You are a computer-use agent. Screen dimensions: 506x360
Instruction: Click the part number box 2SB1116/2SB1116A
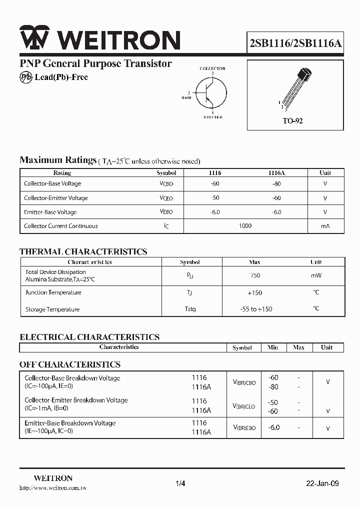coord(295,42)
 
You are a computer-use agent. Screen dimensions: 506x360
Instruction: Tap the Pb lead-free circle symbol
coord(26,77)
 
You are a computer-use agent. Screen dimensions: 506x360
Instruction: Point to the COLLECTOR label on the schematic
coord(212,68)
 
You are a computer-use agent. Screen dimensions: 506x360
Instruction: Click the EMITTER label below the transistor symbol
coord(212,117)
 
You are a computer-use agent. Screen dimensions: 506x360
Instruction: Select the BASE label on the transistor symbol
coord(186,97)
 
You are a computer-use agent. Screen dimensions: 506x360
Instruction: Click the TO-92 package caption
coord(292,121)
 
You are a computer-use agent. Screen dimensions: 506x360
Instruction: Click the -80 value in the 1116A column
coord(276,183)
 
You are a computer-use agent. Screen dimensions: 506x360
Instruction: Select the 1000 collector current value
coord(245,226)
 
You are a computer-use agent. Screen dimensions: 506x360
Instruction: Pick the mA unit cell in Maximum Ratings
coord(325,226)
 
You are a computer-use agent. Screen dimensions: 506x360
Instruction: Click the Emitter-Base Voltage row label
coord(50,212)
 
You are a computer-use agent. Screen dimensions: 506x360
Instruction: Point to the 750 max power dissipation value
coord(255,275)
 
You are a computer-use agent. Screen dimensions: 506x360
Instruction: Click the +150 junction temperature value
coord(254,292)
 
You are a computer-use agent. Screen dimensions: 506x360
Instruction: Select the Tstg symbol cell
coord(190,309)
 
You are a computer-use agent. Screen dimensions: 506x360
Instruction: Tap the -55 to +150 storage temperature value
coord(256,309)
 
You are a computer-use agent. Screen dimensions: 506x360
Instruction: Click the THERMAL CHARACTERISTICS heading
coord(83,252)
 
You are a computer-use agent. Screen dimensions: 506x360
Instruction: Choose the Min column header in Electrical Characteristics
coord(272,347)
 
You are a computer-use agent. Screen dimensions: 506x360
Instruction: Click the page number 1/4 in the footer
coord(180,483)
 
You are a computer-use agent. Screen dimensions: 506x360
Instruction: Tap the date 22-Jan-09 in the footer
coord(322,483)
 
